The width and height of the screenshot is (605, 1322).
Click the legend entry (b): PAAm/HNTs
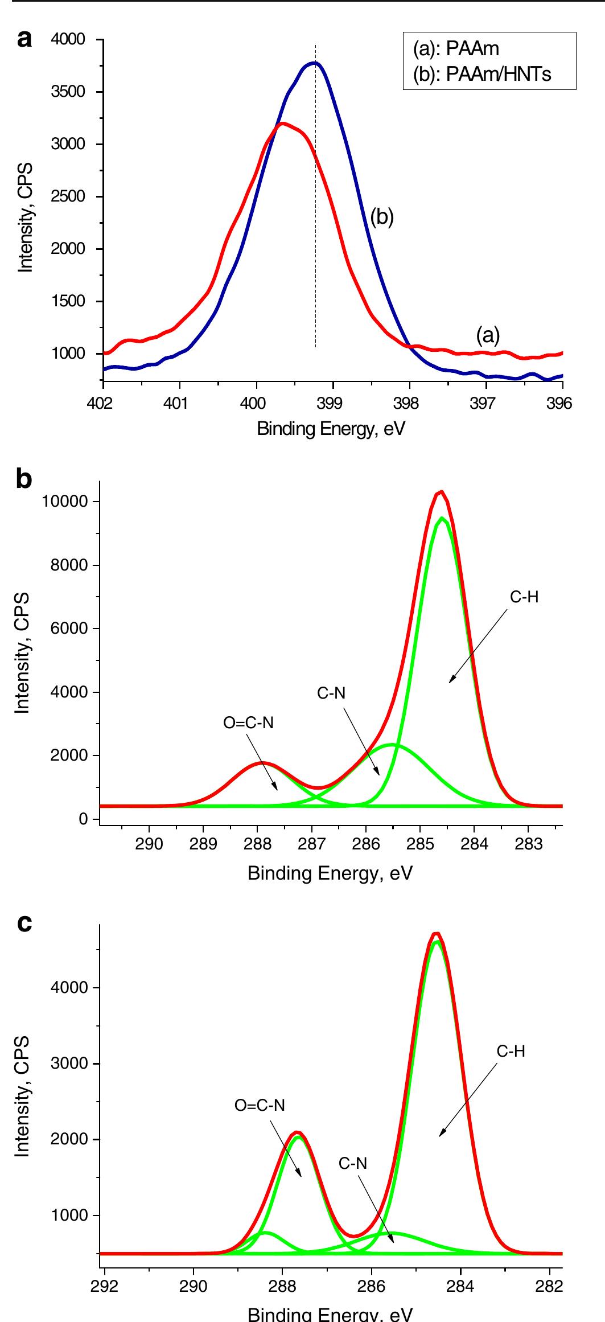481,74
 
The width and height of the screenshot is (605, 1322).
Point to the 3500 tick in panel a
68,92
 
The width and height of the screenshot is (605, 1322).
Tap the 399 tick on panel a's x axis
332,404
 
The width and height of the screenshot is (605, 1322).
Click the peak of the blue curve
315,63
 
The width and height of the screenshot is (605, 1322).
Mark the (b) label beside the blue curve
382,217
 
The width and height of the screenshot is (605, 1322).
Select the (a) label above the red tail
488,335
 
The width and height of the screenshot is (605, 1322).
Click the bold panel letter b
24,479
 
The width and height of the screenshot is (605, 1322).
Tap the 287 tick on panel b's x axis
311,843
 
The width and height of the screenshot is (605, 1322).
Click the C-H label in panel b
524,597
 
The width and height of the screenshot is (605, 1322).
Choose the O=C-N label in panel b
248,723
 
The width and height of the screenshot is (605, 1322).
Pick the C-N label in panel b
331,693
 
